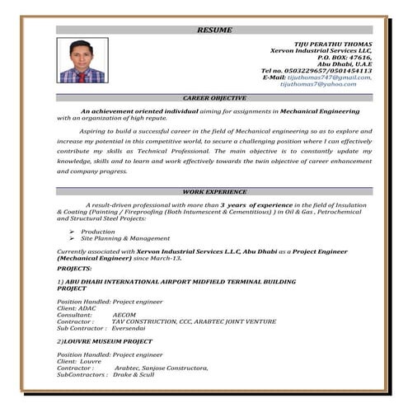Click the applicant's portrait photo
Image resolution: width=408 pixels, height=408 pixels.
click(x=82, y=63)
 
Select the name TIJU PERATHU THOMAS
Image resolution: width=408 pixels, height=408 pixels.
click(x=333, y=41)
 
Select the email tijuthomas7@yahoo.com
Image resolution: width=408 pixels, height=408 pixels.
click(x=330, y=84)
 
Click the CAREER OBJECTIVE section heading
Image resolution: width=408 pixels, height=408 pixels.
click(x=214, y=98)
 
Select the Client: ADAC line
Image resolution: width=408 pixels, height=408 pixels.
click(x=77, y=308)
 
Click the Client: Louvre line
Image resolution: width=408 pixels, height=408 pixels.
click(x=79, y=361)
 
